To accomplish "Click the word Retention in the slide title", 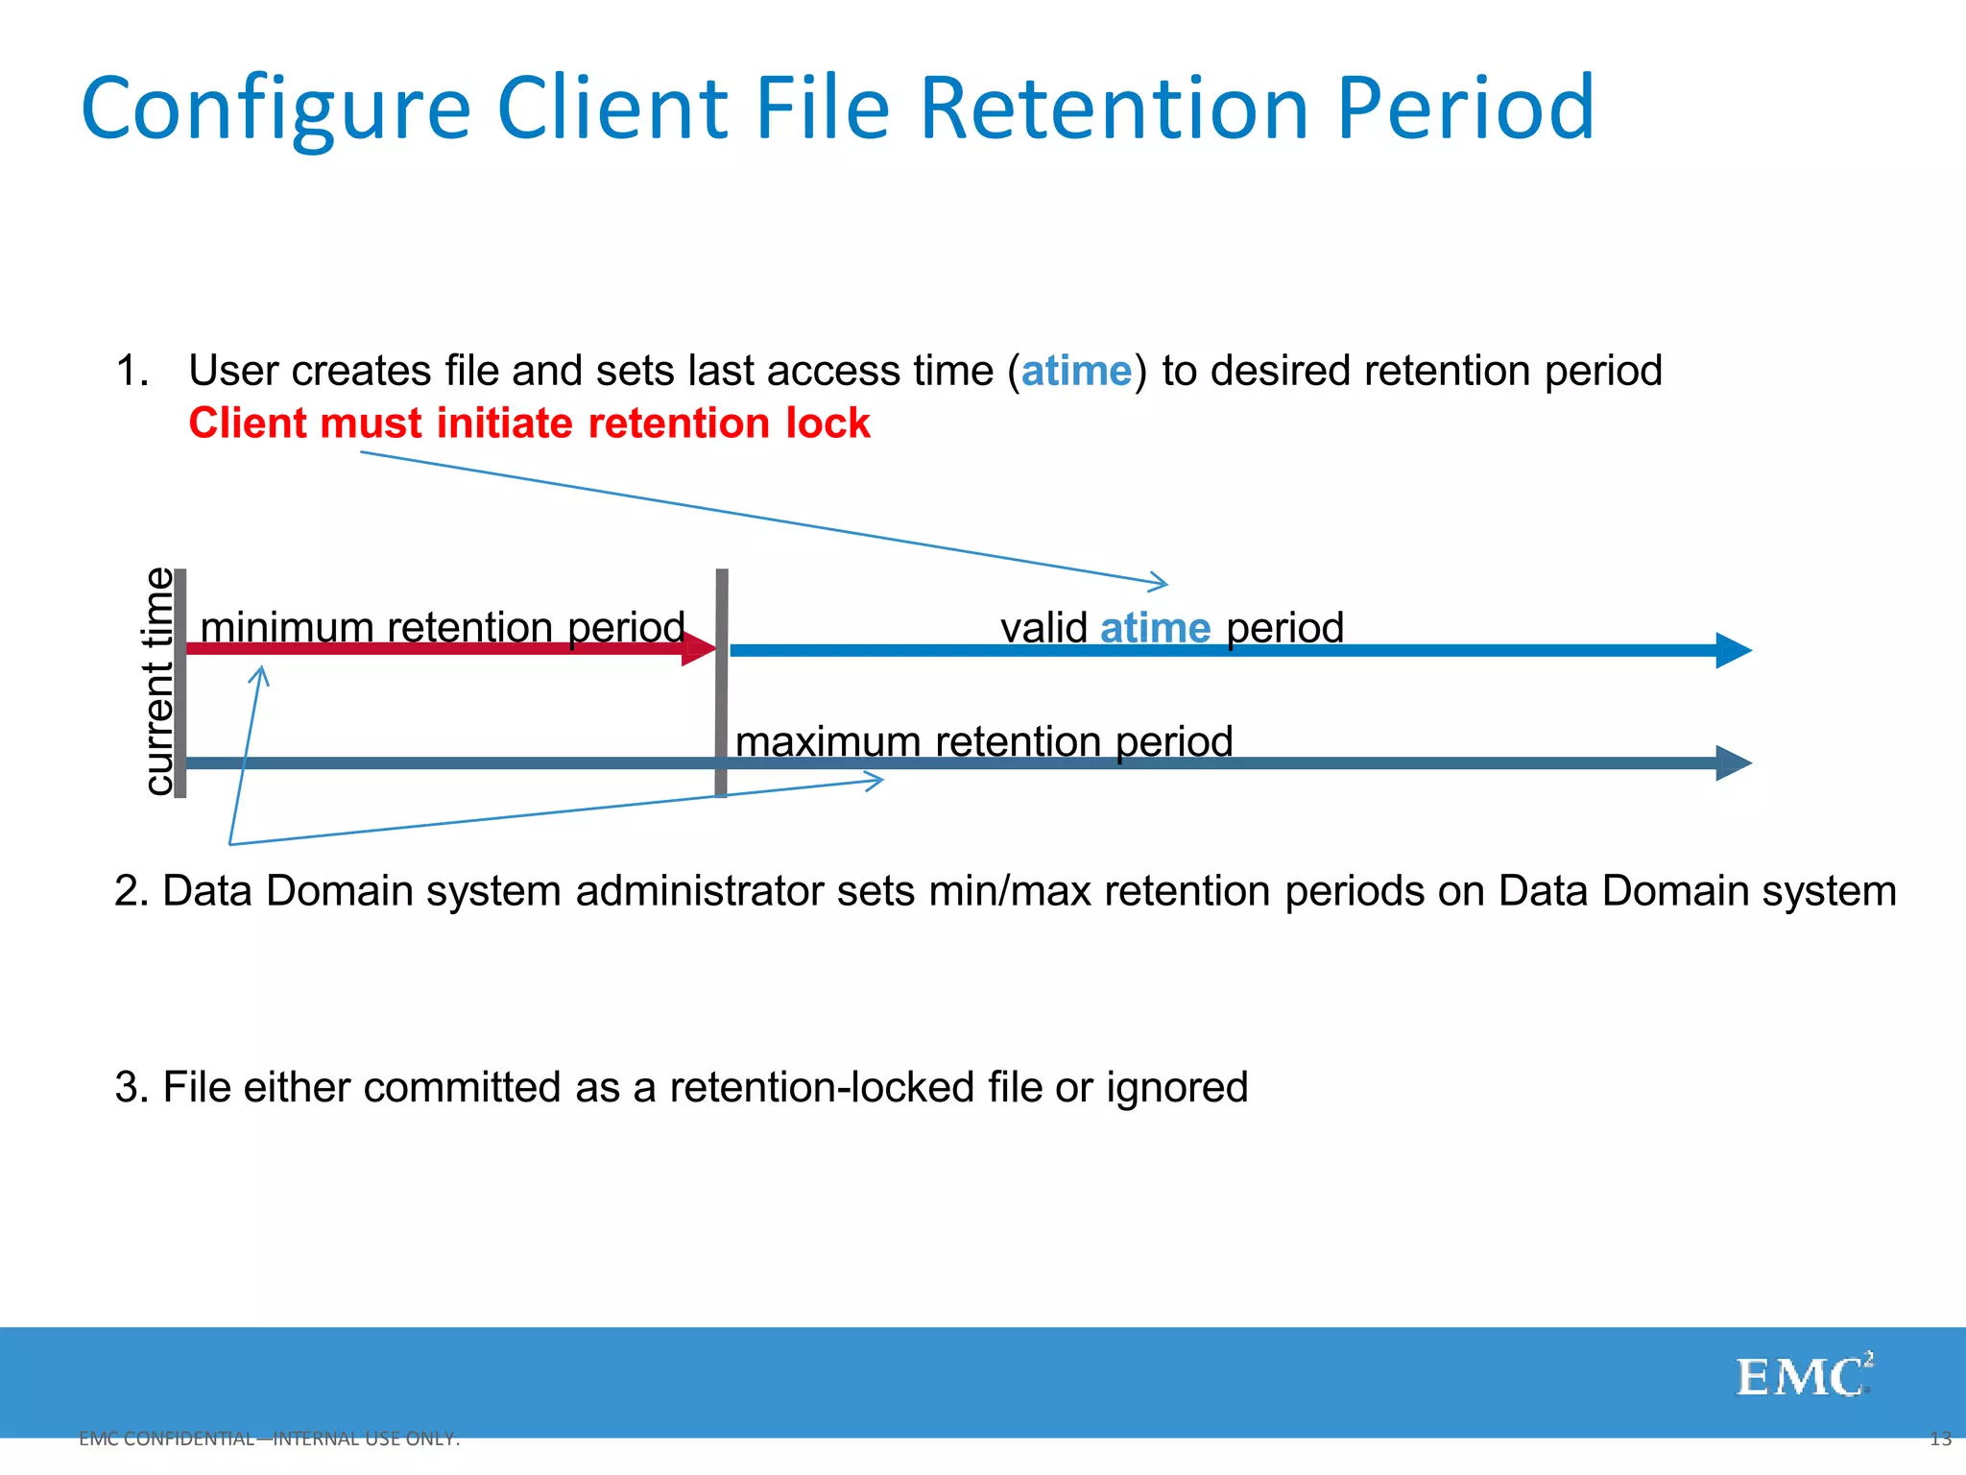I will (1114, 108).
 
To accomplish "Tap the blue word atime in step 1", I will (1076, 372).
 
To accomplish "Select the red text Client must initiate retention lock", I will (529, 423).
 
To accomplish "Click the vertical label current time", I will (158, 682).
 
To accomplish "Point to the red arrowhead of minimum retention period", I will (700, 649).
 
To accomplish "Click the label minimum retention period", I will (443, 627).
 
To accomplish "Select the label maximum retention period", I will (984, 741).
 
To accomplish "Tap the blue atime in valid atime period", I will (1155, 628).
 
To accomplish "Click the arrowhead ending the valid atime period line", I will (1733, 650).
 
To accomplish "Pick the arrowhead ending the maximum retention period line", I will (1733, 763).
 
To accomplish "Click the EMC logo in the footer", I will (1803, 1376).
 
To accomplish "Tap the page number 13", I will (1940, 1439).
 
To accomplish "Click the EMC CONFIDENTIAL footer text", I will (269, 1439).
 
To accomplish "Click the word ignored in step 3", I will (1176, 1088).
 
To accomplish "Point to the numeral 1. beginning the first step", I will (132, 372).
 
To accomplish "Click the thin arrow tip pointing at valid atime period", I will (1163, 582).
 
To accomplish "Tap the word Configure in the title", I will (276, 108).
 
